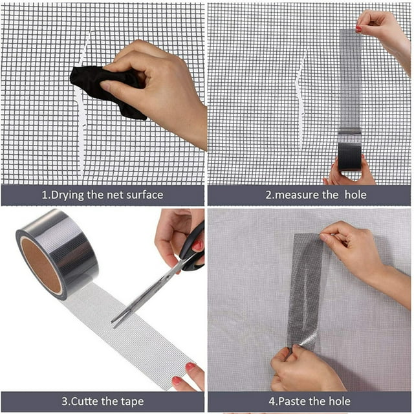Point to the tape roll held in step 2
coord(349,157)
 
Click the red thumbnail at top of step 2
coord(358,28)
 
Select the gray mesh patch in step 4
coord(306,290)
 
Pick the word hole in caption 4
coord(339,401)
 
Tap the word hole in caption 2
coord(355,195)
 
